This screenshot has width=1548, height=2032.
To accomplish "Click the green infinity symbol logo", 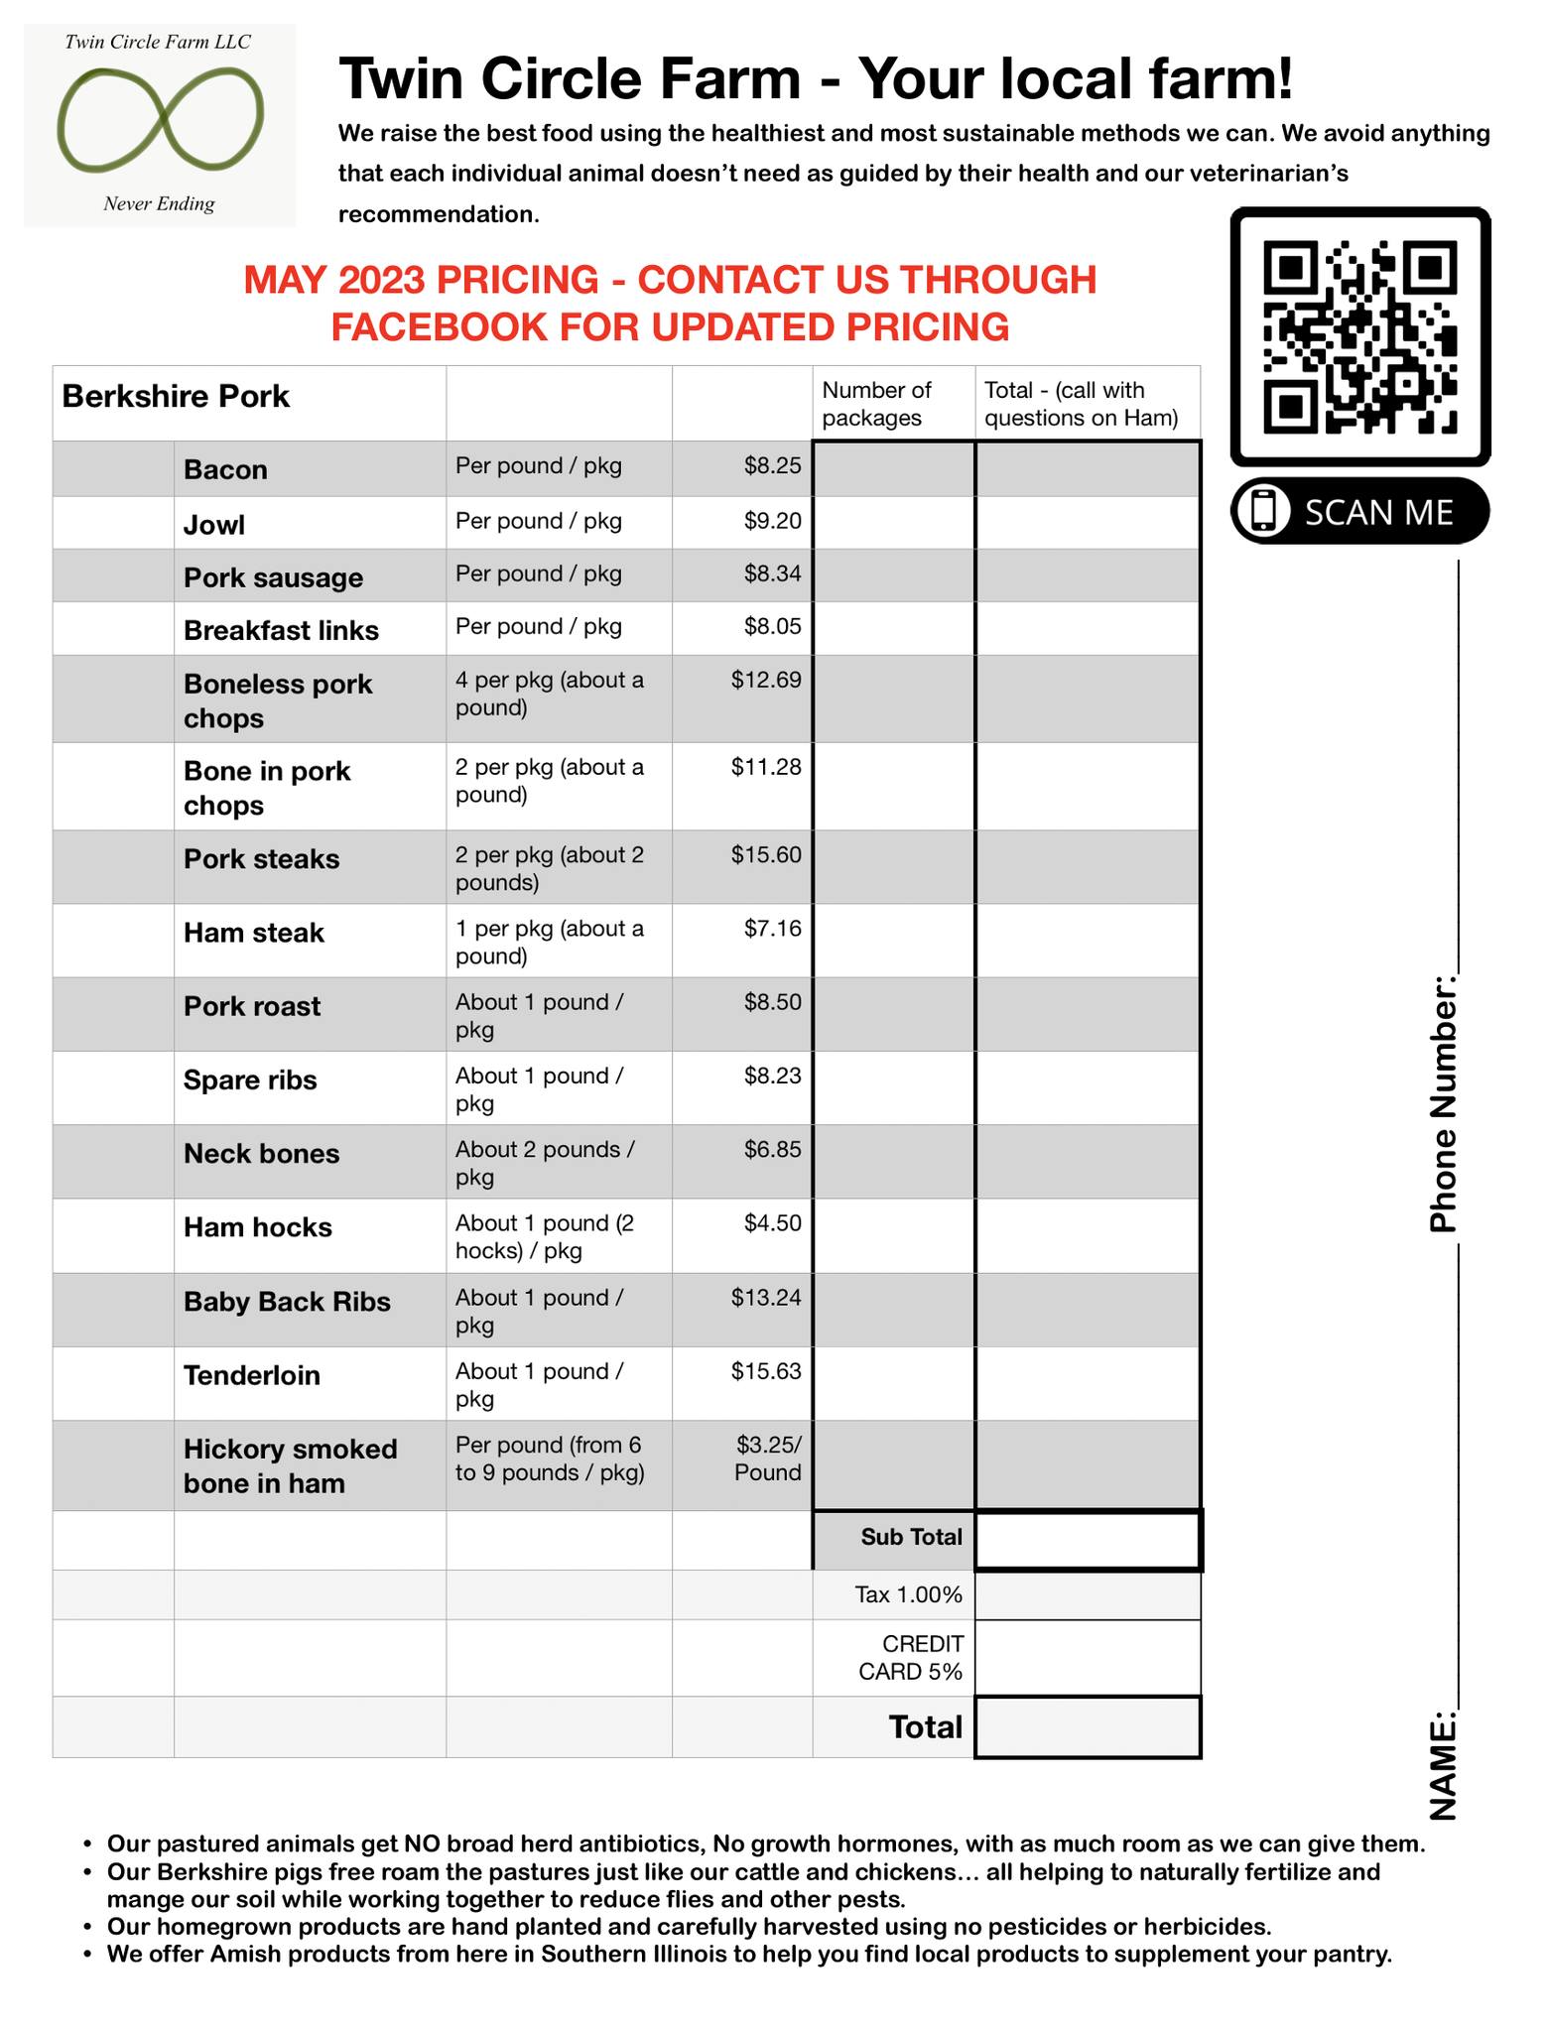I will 160,118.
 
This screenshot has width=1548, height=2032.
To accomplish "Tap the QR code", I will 1360,336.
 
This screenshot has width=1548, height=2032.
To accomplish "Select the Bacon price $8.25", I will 772,466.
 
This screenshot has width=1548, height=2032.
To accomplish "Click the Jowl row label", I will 214,524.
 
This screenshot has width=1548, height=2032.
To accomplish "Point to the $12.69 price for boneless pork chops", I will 766,681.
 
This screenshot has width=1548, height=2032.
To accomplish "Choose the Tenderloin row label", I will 252,1375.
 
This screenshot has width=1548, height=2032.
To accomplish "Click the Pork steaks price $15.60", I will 766,855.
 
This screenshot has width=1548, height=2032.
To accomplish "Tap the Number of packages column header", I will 877,404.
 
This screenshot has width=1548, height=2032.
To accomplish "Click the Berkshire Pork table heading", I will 176,397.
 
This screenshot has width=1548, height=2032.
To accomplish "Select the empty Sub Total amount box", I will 1088,1540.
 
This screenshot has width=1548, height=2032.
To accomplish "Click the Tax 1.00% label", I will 908,1594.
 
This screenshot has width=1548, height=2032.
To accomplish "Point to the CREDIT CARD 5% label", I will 910,1658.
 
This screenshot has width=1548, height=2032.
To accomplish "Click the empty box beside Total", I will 1088,1727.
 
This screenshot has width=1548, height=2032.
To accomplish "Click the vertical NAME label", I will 1443,1766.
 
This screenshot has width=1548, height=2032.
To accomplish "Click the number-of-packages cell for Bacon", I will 893,468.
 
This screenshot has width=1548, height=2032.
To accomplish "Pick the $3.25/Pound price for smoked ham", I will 768,1459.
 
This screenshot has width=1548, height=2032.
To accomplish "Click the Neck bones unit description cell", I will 545,1163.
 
